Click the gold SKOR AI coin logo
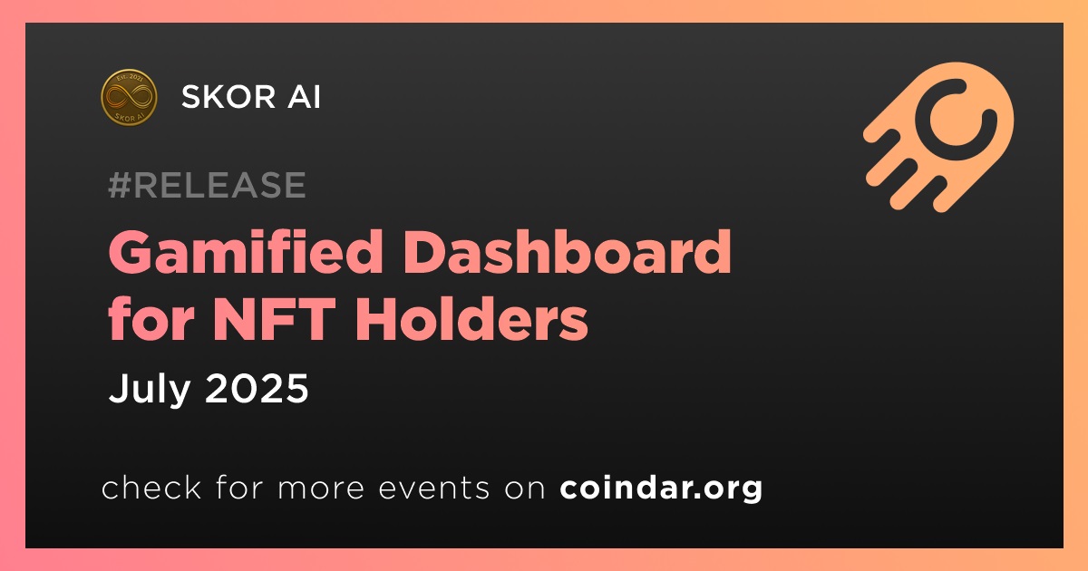129,97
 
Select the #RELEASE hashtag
207,185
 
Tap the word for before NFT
151,318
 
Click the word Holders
471,318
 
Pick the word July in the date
149,390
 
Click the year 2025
257,389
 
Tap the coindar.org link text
661,489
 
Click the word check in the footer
151,488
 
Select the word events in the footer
433,489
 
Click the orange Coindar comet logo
938,137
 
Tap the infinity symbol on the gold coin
129,97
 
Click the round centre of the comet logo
956,119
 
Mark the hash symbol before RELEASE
120,185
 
